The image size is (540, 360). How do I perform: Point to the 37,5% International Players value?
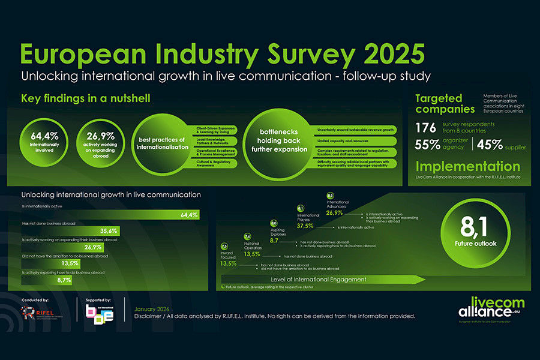pos(305,226)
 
